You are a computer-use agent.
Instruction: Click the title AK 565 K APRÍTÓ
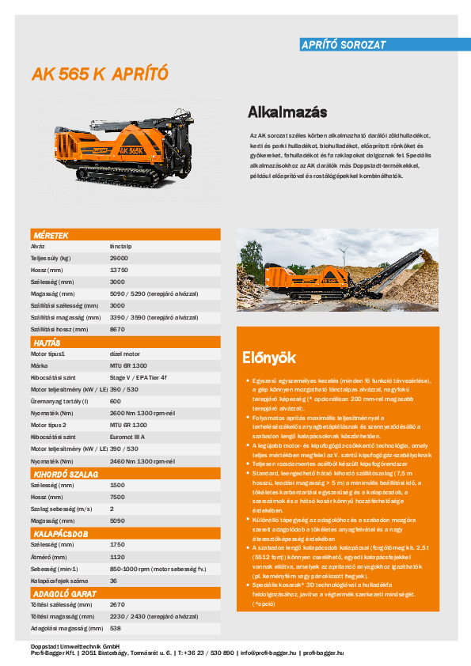100,74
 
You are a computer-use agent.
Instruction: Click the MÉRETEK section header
51,236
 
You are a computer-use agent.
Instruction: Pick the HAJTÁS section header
47,343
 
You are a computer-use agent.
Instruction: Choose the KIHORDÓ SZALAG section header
65,473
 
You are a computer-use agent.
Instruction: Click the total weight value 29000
119,259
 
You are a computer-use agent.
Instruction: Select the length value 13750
119,270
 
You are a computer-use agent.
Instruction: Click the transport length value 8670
117,328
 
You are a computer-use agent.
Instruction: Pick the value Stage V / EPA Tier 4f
139,378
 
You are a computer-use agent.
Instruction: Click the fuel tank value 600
116,401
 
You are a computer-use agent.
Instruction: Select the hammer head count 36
113,581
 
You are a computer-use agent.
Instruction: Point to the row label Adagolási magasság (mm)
66,628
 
